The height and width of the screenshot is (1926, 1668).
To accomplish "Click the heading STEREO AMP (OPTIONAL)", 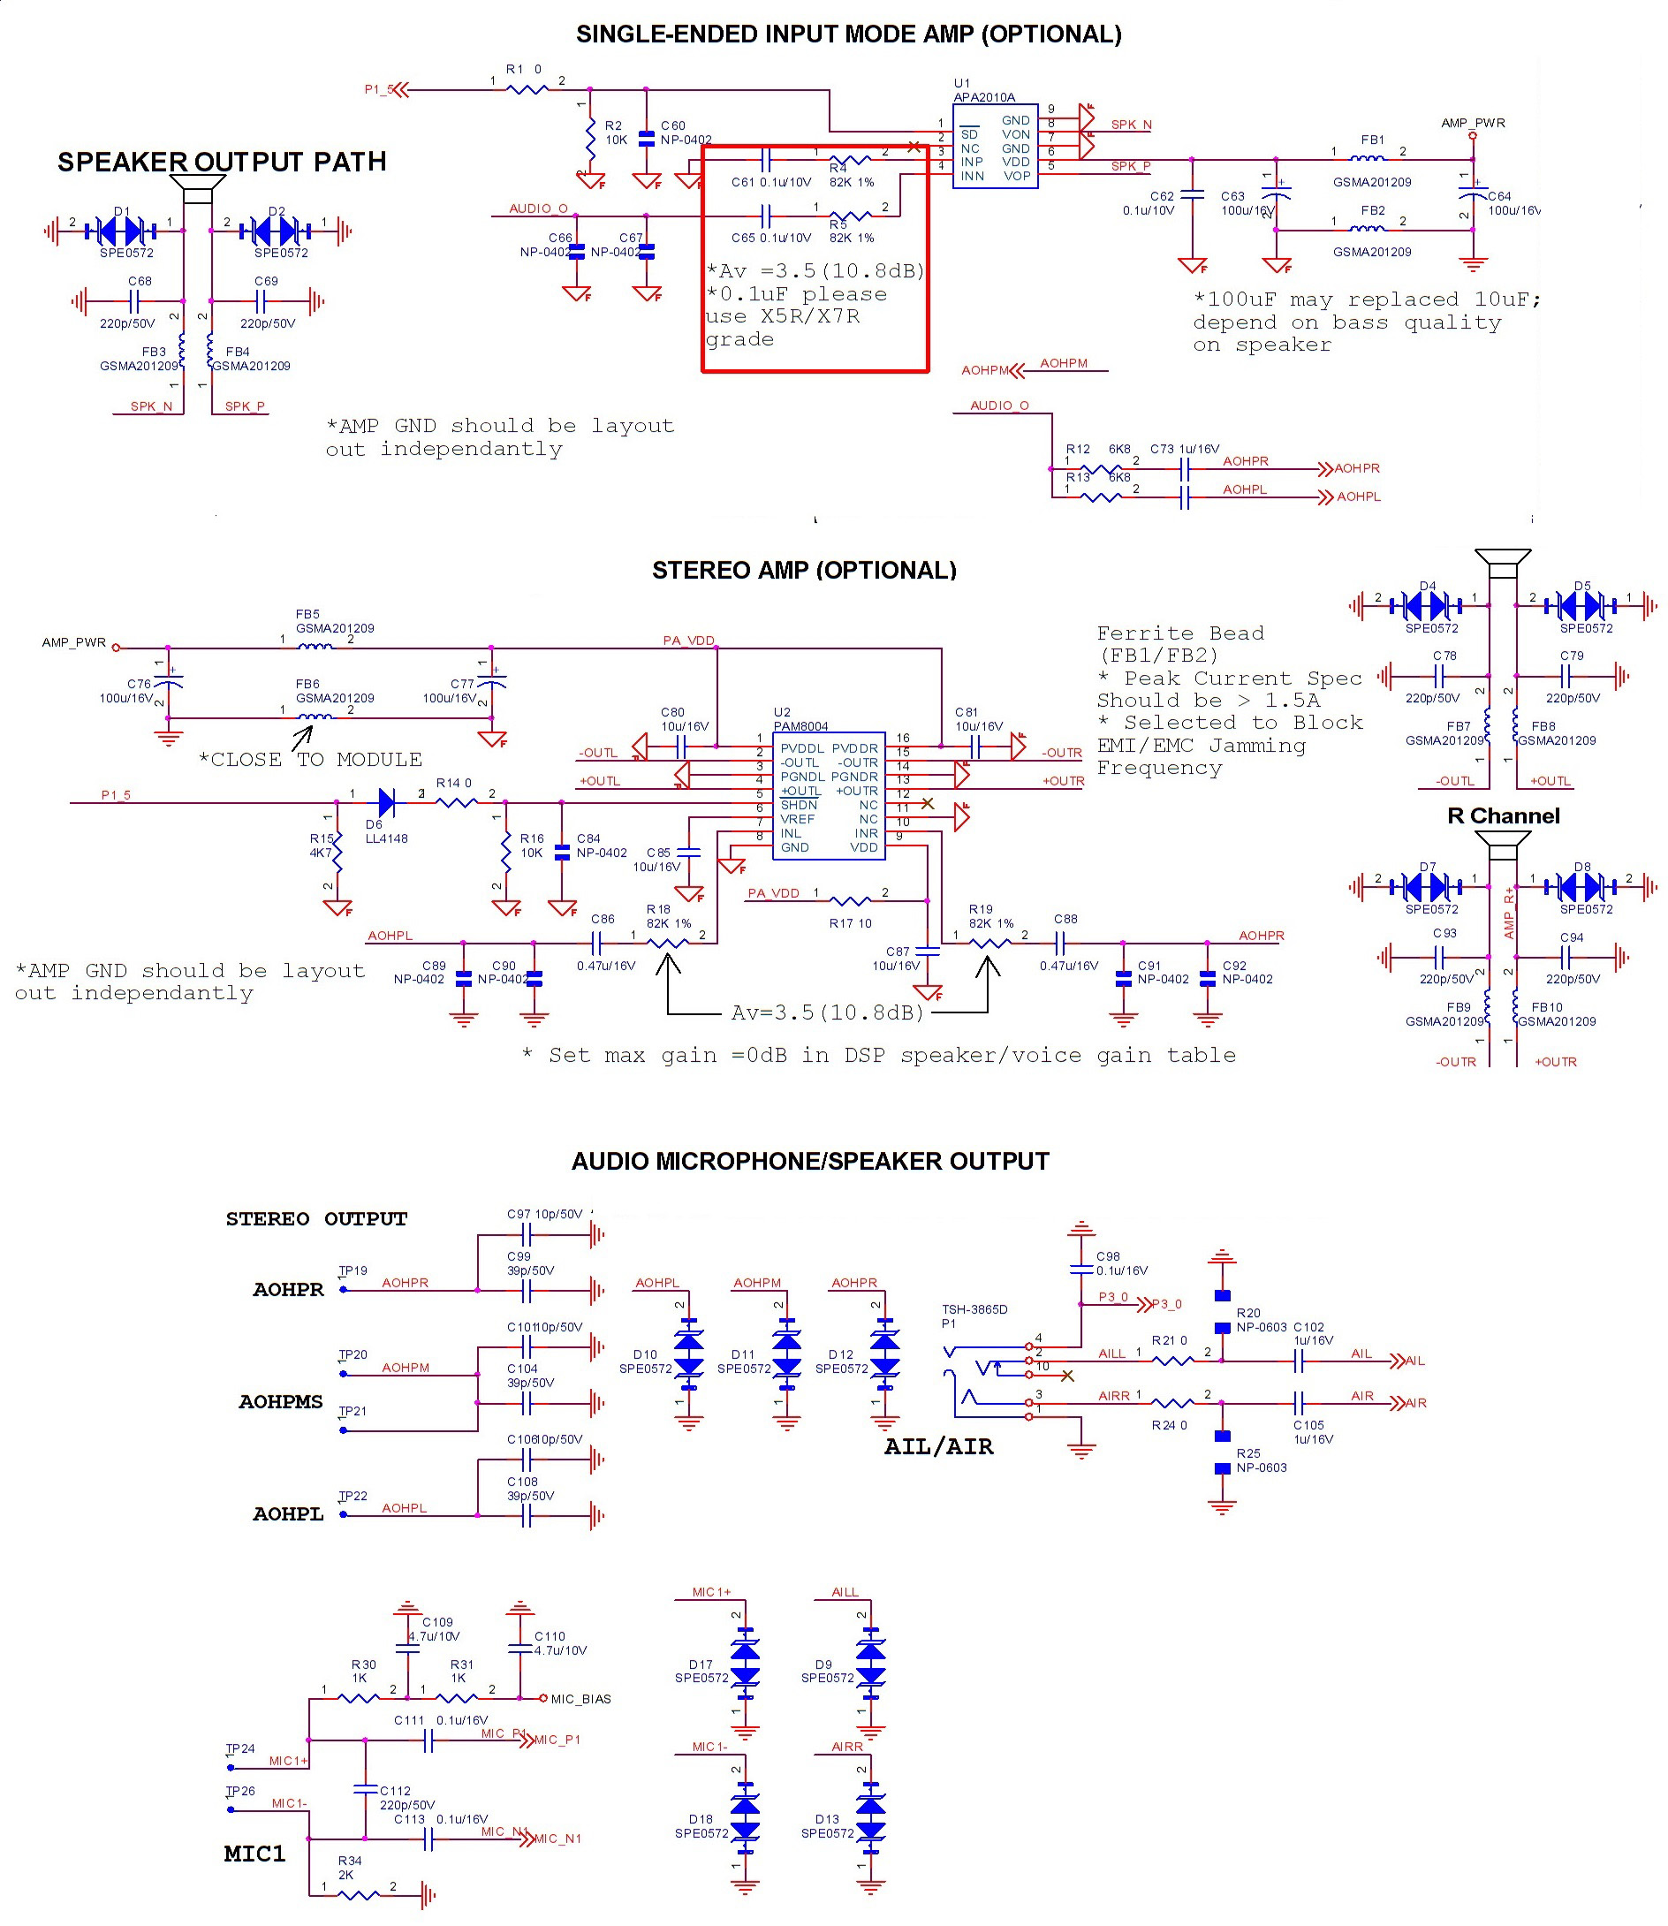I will coord(803,570).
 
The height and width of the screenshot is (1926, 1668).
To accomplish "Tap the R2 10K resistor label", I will coord(614,133).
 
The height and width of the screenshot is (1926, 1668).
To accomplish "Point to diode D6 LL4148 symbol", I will coord(386,801).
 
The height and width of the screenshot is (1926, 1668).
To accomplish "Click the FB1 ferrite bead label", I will coord(1372,140).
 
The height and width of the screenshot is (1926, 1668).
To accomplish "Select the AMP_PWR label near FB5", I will coord(73,642).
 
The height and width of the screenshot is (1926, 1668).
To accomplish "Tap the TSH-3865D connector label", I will coord(974,1308).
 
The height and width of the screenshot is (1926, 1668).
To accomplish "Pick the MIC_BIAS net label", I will coord(580,1699).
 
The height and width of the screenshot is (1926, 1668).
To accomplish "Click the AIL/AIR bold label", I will coord(938,1445).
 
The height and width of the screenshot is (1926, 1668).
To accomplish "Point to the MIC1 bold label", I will coord(254,1854).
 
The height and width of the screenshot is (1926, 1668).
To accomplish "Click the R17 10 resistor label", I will coord(850,923).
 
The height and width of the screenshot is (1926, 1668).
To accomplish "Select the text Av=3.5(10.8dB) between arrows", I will coord(827,1012).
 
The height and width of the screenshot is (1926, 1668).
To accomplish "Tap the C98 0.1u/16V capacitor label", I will coord(1120,1263).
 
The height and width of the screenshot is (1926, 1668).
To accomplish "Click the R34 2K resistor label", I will coord(349,1868).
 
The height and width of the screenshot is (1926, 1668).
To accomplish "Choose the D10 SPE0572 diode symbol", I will coord(688,1354).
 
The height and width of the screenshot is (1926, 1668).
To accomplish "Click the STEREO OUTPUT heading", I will coord(316,1218).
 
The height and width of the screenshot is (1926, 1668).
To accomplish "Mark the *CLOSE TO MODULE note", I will coord(310,759).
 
